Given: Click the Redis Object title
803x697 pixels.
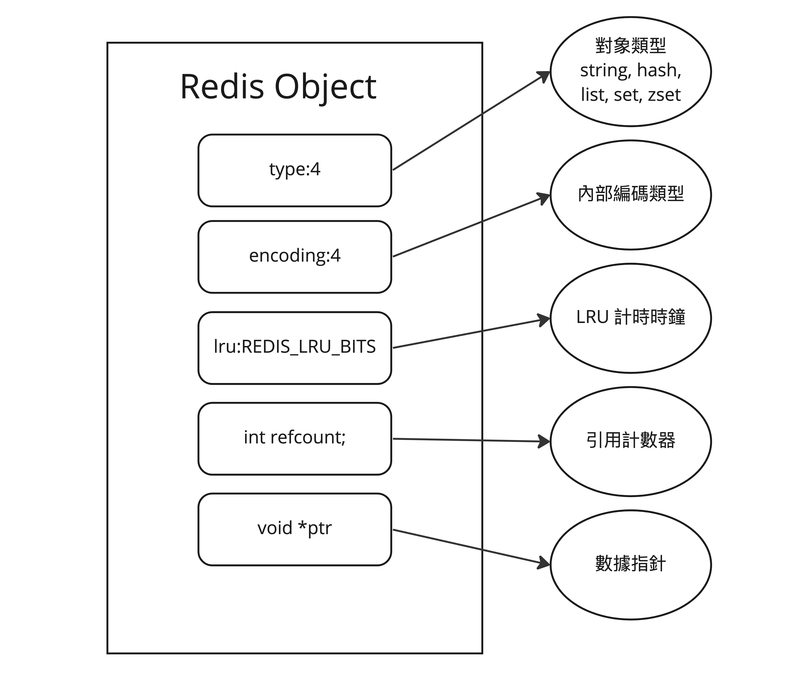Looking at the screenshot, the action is tap(278, 87).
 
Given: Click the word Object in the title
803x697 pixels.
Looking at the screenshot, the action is tap(326, 88).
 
